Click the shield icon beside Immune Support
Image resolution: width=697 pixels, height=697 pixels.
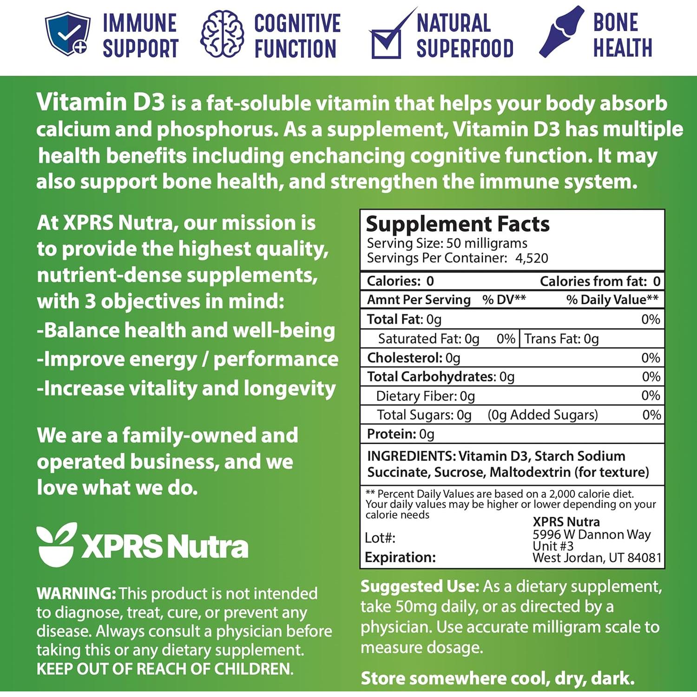(x=67, y=34)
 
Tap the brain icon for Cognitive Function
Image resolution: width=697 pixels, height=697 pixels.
(x=222, y=34)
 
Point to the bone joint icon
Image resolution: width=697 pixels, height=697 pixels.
(x=561, y=32)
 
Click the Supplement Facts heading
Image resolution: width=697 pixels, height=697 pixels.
(x=457, y=224)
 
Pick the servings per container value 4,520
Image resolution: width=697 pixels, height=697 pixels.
(x=532, y=258)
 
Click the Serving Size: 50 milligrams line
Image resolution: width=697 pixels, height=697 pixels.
(x=447, y=243)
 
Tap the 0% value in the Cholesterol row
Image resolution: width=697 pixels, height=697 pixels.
(x=651, y=358)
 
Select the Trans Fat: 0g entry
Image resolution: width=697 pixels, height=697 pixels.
(x=561, y=339)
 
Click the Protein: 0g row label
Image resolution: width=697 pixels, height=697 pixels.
(x=401, y=434)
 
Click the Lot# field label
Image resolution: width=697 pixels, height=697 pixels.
(x=380, y=538)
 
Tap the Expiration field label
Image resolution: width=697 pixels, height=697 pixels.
(x=400, y=557)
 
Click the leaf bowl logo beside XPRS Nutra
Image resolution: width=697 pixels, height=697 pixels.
(x=56, y=544)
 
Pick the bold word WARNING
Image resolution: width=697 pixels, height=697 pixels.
(x=76, y=593)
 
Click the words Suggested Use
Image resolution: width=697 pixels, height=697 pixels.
(x=419, y=586)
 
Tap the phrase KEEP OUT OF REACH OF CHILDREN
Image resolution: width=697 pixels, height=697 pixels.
(x=165, y=669)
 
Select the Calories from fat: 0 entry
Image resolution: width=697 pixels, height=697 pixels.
(x=600, y=281)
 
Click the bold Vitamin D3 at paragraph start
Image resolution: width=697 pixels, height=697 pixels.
(x=100, y=102)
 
